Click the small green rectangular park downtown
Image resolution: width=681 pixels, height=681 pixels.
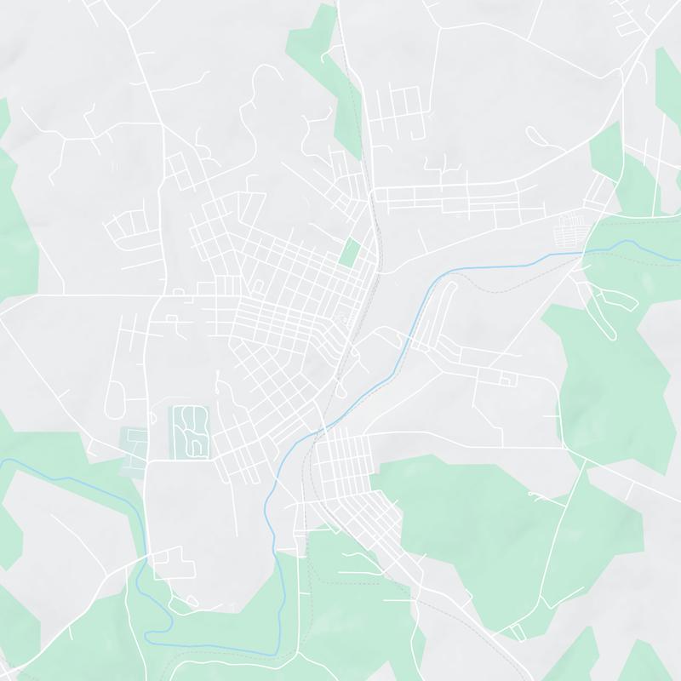(349, 251)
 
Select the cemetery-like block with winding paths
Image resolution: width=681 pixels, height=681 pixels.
(191, 432)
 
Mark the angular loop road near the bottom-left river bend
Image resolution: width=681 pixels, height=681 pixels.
(175, 563)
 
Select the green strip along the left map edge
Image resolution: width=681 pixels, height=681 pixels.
(15, 221)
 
